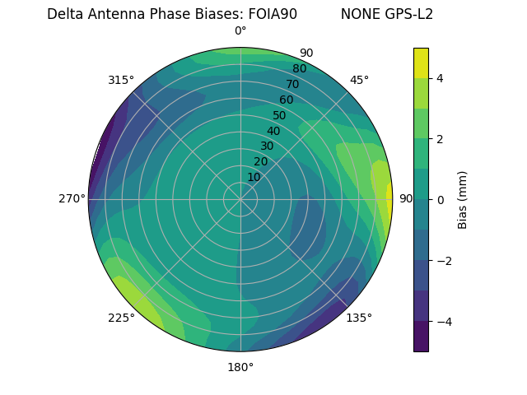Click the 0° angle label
tap(240, 31)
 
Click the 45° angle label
tap(359, 81)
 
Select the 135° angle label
tap(359, 318)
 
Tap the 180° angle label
tap(240, 367)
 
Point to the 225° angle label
tap(121, 318)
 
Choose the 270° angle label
tap(72, 199)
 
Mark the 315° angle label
tap(121, 81)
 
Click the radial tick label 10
tap(254, 177)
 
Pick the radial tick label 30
tap(267, 146)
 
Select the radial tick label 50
tap(280, 115)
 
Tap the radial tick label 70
tap(292, 84)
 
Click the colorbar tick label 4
tap(441, 78)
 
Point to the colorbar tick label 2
tap(441, 139)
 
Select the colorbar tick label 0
tap(441, 200)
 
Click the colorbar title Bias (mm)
tap(463, 200)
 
